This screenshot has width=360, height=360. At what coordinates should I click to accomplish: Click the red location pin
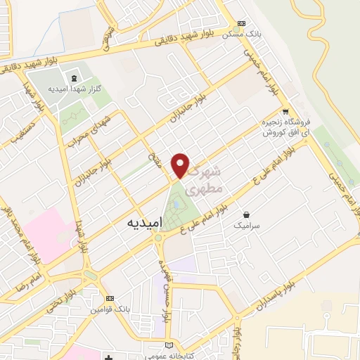[181, 165]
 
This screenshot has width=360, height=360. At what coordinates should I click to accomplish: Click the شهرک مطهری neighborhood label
[206, 180]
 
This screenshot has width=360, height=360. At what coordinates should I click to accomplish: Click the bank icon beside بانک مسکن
[243, 22]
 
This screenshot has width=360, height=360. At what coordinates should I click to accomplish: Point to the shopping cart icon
[285, 111]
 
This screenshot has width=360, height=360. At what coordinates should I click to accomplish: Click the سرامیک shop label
[246, 226]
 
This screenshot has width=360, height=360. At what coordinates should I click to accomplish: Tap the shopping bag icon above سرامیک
[246, 214]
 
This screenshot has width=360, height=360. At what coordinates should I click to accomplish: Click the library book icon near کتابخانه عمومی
[167, 345]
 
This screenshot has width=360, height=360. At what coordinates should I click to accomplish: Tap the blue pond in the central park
[176, 204]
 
